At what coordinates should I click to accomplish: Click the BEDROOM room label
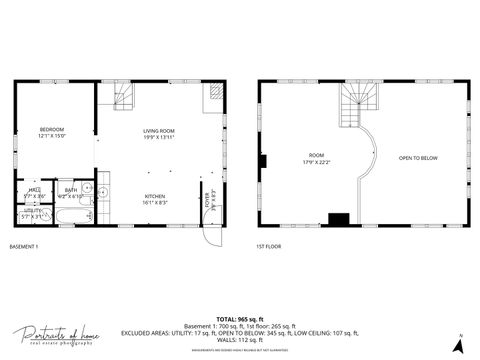tap(52, 131)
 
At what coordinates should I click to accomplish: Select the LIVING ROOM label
tap(159, 131)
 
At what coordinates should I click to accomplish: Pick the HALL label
tap(33, 191)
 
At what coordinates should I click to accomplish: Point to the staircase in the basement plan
tap(121, 96)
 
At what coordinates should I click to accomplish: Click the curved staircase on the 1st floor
tap(357, 104)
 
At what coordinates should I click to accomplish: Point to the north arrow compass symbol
tap(458, 345)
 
